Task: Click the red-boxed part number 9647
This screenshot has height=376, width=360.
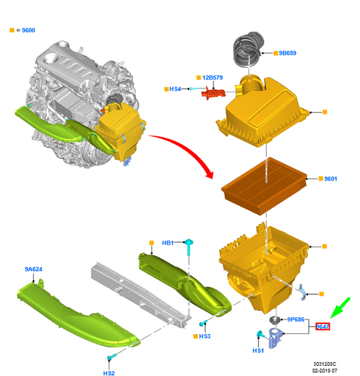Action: click(323, 327)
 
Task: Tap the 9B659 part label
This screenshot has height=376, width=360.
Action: click(288, 53)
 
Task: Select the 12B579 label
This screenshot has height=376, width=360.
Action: click(212, 78)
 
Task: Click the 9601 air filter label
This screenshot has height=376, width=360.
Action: click(330, 179)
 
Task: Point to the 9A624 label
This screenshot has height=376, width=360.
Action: click(34, 269)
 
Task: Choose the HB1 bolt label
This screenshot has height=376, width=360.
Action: click(168, 243)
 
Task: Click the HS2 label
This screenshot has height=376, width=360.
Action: click(109, 373)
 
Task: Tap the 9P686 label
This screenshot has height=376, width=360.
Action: click(296, 319)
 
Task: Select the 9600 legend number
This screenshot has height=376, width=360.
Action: click(28, 30)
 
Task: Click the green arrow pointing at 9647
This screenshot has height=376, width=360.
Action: click(340, 308)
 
